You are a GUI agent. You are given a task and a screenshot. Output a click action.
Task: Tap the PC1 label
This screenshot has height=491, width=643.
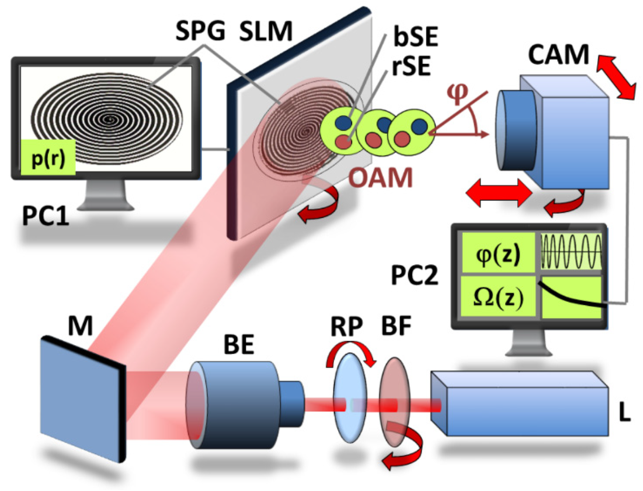tap(45, 216)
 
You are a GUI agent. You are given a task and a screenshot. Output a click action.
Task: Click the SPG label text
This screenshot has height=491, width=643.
tap(200, 31)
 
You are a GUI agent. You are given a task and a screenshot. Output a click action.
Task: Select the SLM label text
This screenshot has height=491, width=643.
tap(266, 31)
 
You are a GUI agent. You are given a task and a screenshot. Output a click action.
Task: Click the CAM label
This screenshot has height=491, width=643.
tap(558, 54)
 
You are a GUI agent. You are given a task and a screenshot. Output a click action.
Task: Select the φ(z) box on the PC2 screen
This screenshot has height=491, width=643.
tap(498, 254)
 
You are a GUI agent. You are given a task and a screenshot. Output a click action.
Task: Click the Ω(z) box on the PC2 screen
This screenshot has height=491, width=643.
tap(498, 297)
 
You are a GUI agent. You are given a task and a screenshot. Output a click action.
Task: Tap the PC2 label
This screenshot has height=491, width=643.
tap(415, 276)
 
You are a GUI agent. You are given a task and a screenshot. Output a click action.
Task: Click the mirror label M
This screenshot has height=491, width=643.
tap(80, 325)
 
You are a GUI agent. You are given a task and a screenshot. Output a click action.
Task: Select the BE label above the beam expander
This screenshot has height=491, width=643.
tap(239, 344)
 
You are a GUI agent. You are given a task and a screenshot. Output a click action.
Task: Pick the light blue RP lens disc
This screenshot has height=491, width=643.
tap(350, 397)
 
